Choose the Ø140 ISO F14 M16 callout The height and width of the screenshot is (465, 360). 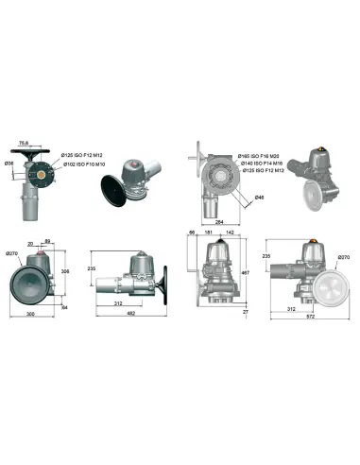(x=259, y=164)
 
